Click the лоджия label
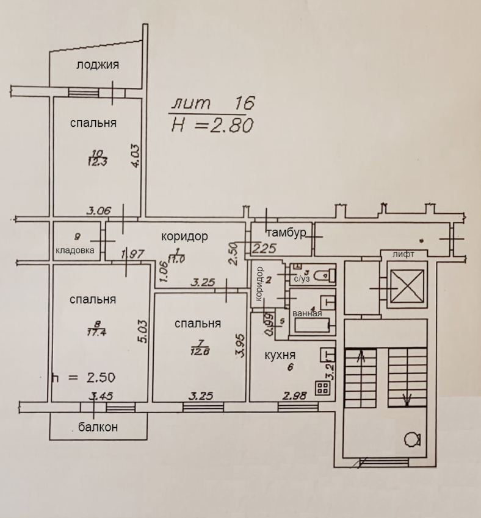coord(98,65)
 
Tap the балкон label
coord(98,427)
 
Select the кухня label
coord(280,355)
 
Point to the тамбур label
coord(285,232)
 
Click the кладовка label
coord(75,250)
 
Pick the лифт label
coord(403,254)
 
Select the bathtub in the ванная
coord(314,326)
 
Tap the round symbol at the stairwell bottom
coord(412,439)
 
